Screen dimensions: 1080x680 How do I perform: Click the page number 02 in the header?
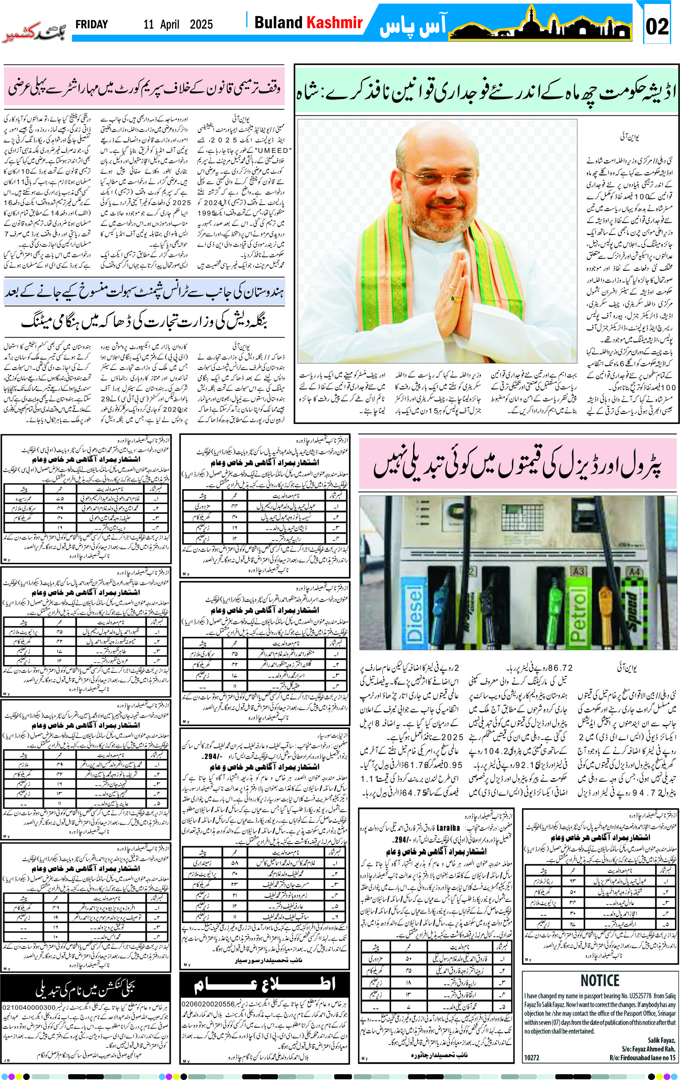(657, 26)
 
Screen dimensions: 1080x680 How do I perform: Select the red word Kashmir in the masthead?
(335, 22)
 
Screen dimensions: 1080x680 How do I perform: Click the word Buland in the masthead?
(278, 22)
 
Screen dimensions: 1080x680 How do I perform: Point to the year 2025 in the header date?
(201, 25)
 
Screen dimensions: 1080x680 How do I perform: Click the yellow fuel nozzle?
(606, 601)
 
